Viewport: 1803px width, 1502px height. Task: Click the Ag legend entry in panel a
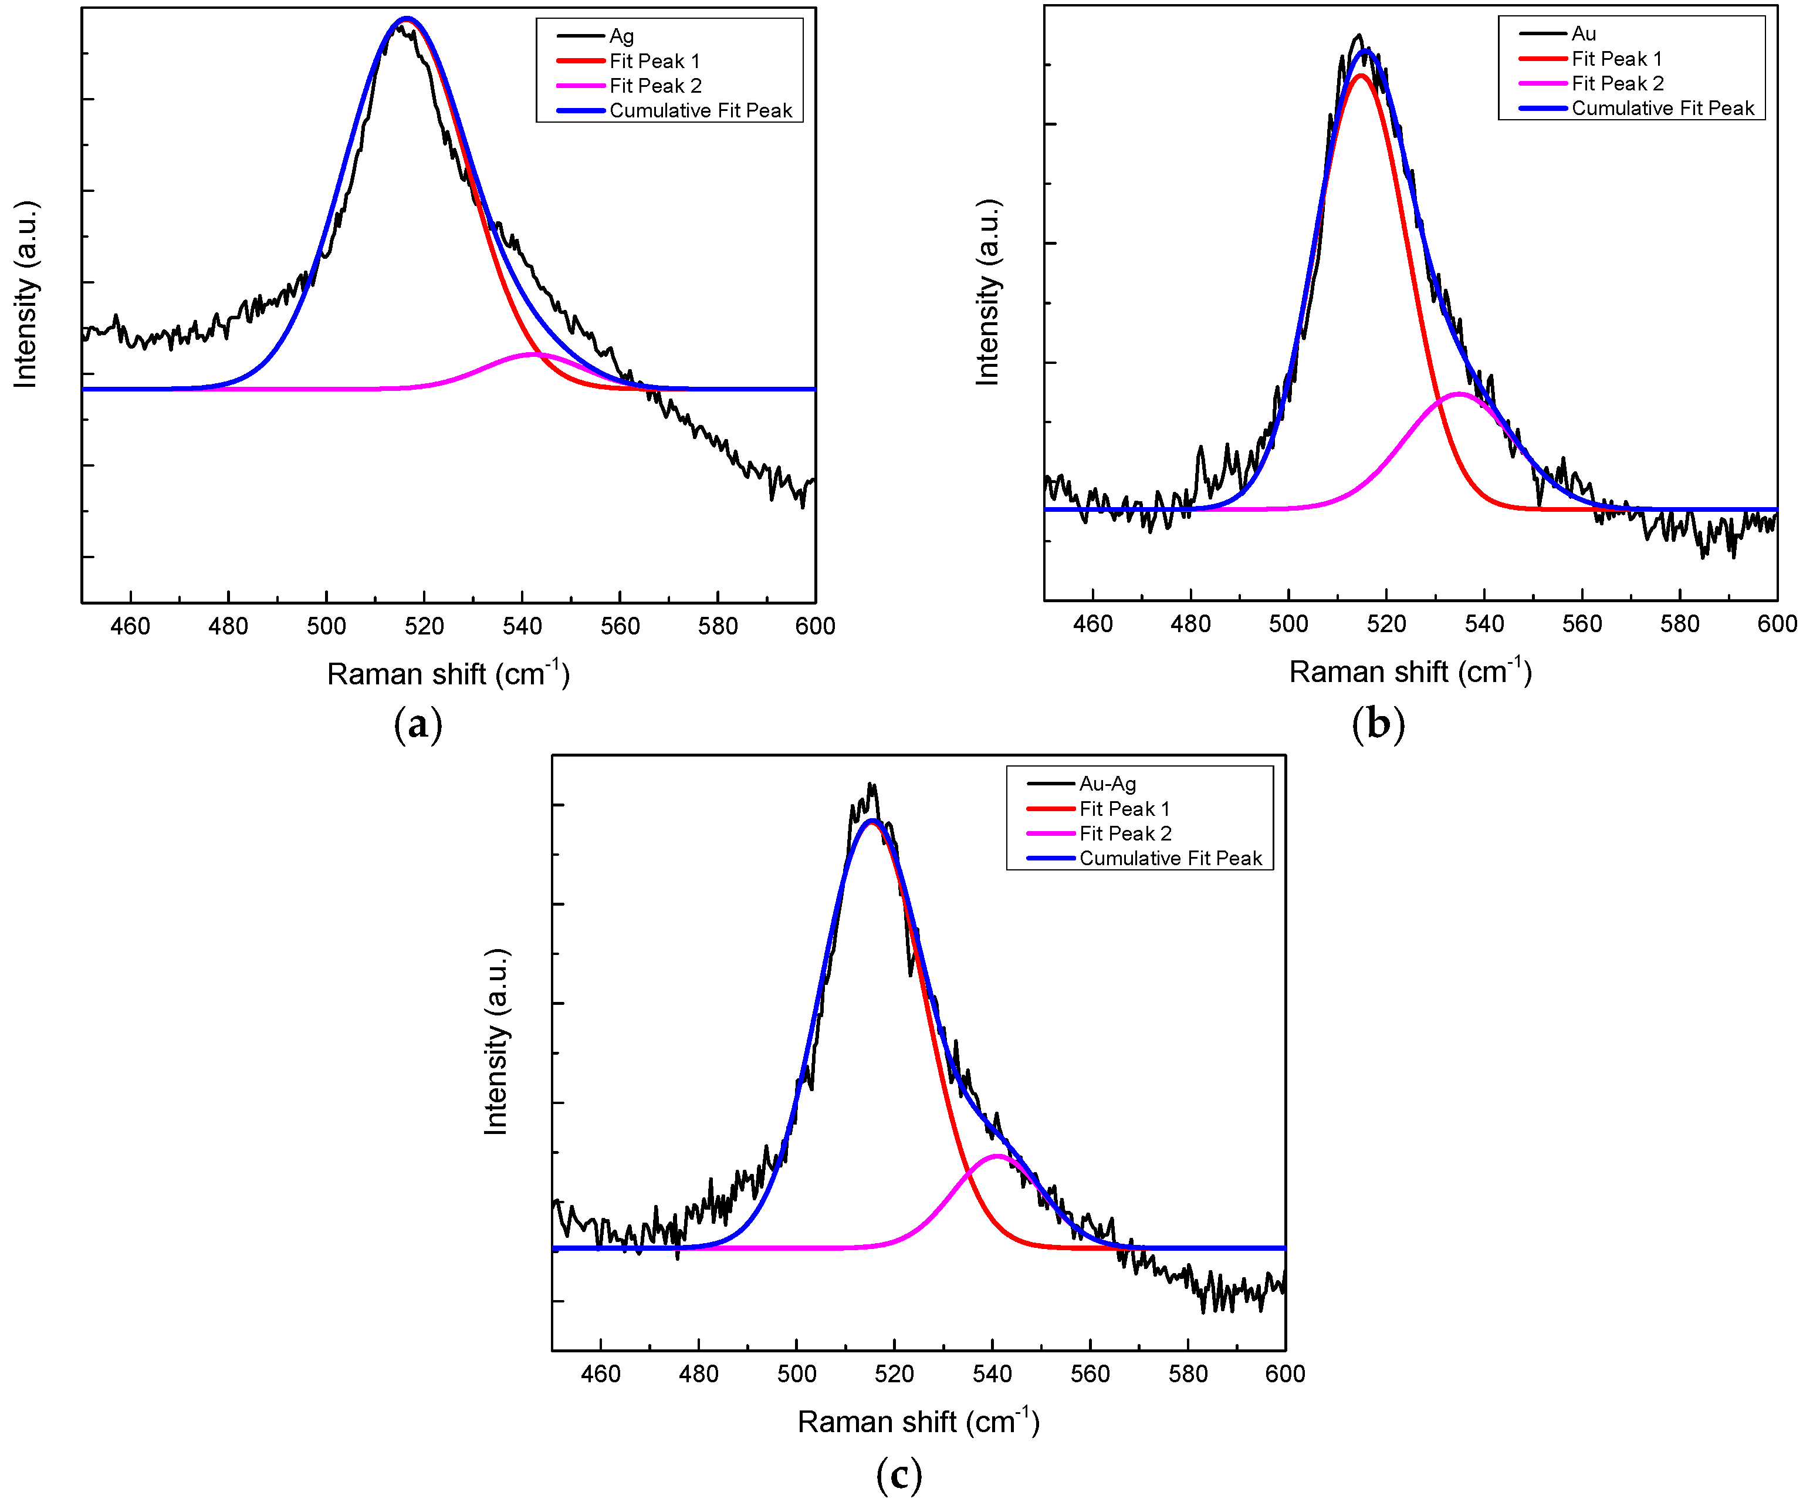tap(621, 36)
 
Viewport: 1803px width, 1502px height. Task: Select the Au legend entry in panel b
tap(1583, 33)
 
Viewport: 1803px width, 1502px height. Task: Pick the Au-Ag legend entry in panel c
tap(1108, 783)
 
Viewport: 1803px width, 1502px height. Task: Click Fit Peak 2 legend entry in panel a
tap(655, 86)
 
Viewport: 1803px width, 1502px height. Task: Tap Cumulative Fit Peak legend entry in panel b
tap(1662, 108)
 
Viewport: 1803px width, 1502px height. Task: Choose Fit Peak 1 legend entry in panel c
tap(1124, 808)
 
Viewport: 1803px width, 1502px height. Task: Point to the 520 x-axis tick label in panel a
tap(424, 626)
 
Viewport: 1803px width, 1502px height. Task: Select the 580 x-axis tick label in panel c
tap(1188, 1374)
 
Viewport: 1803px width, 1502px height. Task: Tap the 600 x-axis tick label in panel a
tap(815, 626)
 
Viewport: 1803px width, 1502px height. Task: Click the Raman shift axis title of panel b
tap(1410, 671)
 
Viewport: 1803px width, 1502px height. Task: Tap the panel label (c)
tap(899, 1474)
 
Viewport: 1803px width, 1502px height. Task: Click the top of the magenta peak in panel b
tap(1458, 393)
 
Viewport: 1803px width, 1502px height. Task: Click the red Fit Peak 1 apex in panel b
tap(1360, 75)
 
